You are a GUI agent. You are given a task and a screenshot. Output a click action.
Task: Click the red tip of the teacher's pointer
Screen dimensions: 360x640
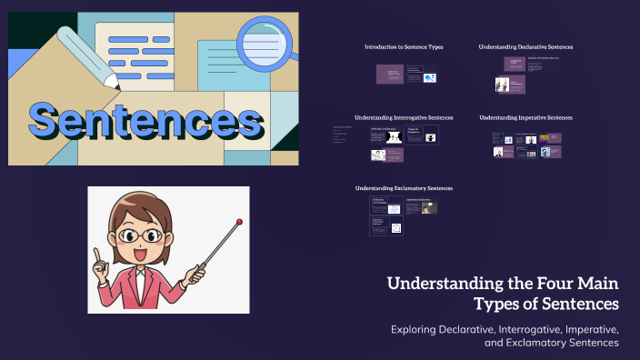pos(239,221)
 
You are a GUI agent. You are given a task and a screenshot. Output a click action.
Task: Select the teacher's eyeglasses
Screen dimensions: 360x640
pos(145,235)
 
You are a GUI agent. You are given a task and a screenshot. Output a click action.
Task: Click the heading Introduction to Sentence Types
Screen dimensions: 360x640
pos(404,46)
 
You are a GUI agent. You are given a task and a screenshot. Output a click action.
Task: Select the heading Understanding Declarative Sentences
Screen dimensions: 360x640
pos(525,46)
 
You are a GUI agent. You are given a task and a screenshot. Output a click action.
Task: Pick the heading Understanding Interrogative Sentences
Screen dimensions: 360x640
pos(404,117)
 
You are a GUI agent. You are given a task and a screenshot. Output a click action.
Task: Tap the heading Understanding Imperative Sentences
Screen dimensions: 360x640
pos(525,117)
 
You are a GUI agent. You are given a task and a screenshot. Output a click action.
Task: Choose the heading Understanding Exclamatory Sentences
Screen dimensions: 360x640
pos(404,188)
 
